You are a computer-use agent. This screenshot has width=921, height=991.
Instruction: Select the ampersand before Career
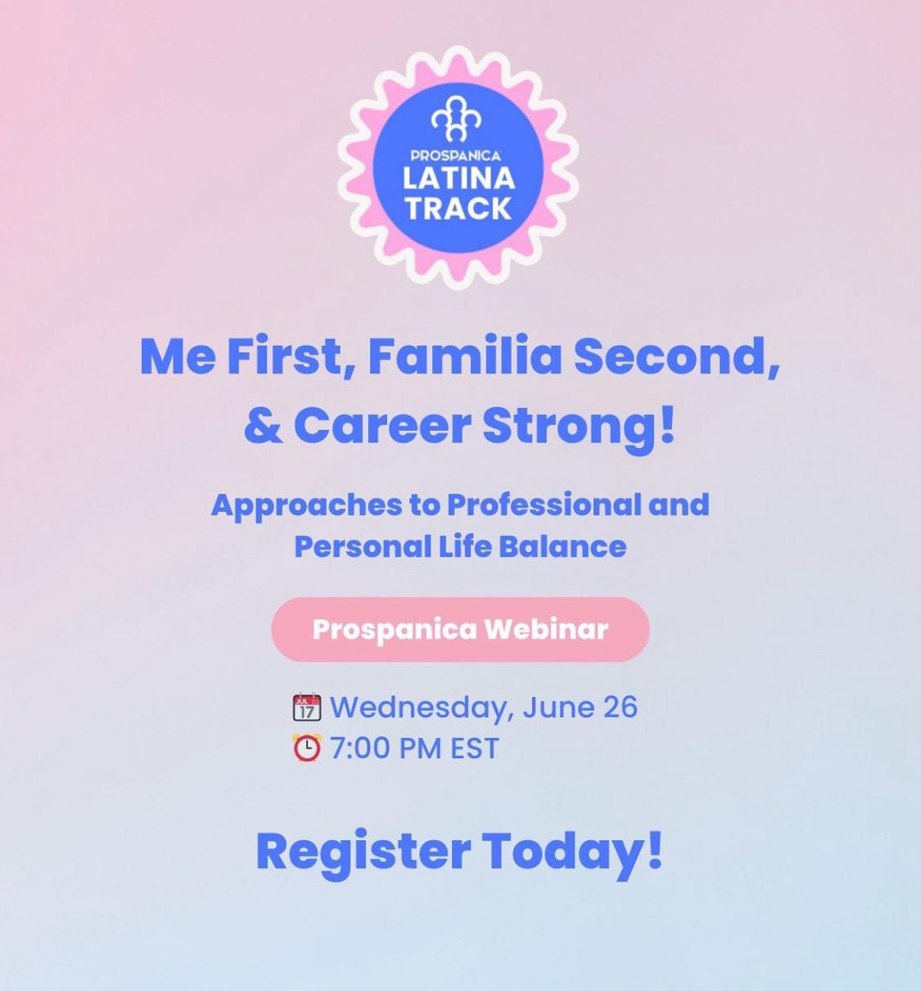coord(263,427)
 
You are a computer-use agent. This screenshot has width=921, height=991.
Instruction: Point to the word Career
coord(382,427)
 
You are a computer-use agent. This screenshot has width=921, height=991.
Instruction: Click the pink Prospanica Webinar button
coord(460,629)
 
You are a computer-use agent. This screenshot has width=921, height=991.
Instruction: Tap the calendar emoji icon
coord(306,707)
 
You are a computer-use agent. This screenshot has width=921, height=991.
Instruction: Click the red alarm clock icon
coord(306,748)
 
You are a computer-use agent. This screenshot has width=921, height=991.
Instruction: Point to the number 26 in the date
coord(621,707)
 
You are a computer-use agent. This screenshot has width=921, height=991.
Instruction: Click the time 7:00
coord(359,748)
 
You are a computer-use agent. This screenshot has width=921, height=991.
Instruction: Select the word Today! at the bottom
coord(573,852)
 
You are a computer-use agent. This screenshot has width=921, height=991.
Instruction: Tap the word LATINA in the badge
coord(458,179)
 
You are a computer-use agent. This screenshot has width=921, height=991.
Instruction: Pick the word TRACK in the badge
coord(458,208)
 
